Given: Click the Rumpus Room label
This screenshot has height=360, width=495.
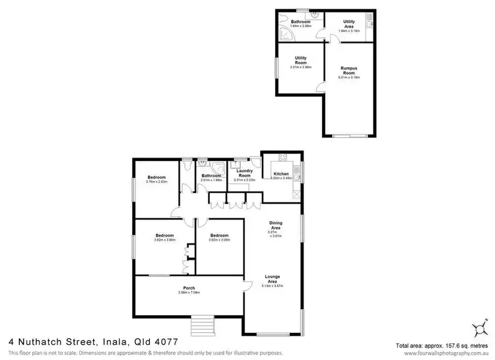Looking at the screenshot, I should point(348,70).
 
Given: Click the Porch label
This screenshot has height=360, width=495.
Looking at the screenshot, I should point(189,288).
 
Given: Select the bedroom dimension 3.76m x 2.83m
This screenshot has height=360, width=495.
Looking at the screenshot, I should point(156,182).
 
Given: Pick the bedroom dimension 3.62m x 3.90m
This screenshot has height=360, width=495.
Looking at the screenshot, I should point(165,240).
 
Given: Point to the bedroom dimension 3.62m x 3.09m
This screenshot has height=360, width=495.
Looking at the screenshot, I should point(219,240).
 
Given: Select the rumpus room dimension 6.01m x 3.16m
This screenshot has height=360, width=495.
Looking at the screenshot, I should point(348,77).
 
